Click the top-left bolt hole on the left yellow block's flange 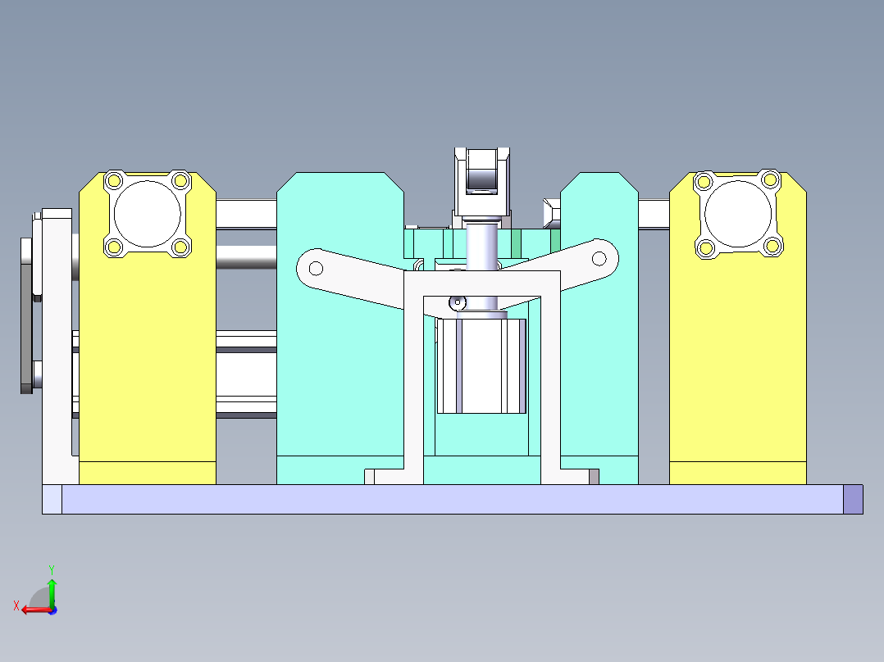pos(115,180)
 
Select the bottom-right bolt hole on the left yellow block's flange pos(181,246)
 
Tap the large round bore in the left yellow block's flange pos(148,213)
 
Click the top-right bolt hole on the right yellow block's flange pos(769,179)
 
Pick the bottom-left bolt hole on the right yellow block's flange pos(704,246)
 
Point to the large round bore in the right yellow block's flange pos(736,213)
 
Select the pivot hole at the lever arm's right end pos(599,259)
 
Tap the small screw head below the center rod pos(457,303)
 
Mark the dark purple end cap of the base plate pos(853,499)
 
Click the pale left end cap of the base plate pos(52,499)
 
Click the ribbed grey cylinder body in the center pos(481,365)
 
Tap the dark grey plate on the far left pos(26,315)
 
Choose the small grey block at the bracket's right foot pos(594,476)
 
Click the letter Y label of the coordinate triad pos(51,568)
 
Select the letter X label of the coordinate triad pos(16,606)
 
